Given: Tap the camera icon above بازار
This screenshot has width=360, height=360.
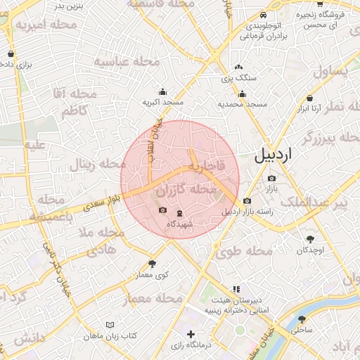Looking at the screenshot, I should coord(271,178).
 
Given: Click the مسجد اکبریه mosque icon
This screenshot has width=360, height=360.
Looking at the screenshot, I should coord(162,91).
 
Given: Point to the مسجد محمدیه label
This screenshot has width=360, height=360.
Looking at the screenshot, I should coord(242,104).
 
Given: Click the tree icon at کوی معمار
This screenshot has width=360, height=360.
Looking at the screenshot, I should coord(152,264).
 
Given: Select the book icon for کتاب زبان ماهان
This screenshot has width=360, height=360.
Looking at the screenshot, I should coord(109,325).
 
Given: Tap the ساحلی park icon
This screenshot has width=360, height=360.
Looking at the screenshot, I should coord(302,319).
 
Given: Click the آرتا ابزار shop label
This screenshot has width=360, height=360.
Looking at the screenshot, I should coord(310,108).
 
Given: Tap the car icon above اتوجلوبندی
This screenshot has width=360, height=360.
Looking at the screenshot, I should coord(262,15).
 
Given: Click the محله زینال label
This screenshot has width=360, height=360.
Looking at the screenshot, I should coord(92,165).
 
